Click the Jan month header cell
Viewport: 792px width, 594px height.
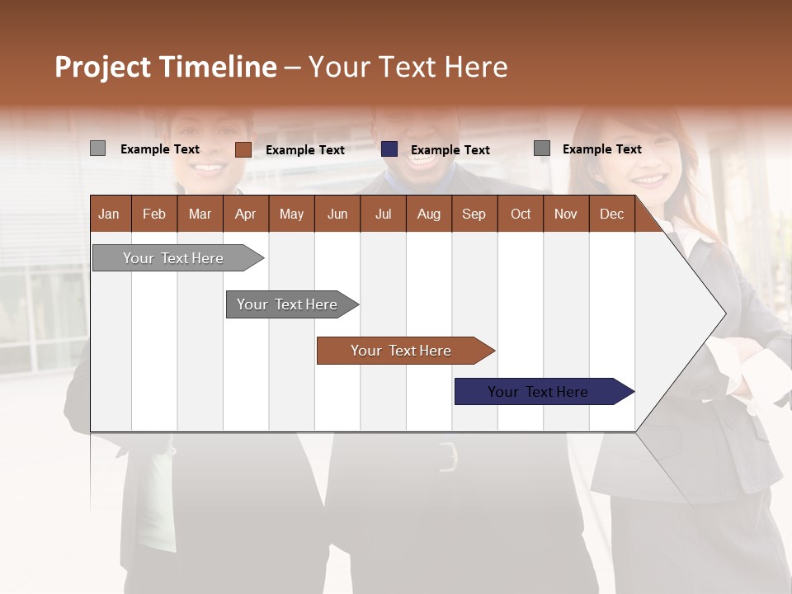tap(109, 214)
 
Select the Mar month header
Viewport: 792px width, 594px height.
tap(200, 214)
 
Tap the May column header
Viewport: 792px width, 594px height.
tap(291, 214)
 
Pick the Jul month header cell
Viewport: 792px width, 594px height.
tap(383, 214)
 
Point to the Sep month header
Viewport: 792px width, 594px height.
tap(474, 214)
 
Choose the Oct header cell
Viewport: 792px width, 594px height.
tap(521, 214)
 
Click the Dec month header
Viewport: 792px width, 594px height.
tap(611, 214)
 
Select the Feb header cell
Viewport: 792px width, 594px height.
tap(154, 214)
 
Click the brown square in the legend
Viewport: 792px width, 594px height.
tap(243, 149)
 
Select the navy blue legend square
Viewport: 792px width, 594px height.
tap(389, 149)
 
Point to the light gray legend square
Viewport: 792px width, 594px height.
tap(97, 148)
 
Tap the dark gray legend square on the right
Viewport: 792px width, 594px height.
tap(541, 148)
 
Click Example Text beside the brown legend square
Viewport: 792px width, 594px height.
tap(304, 150)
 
